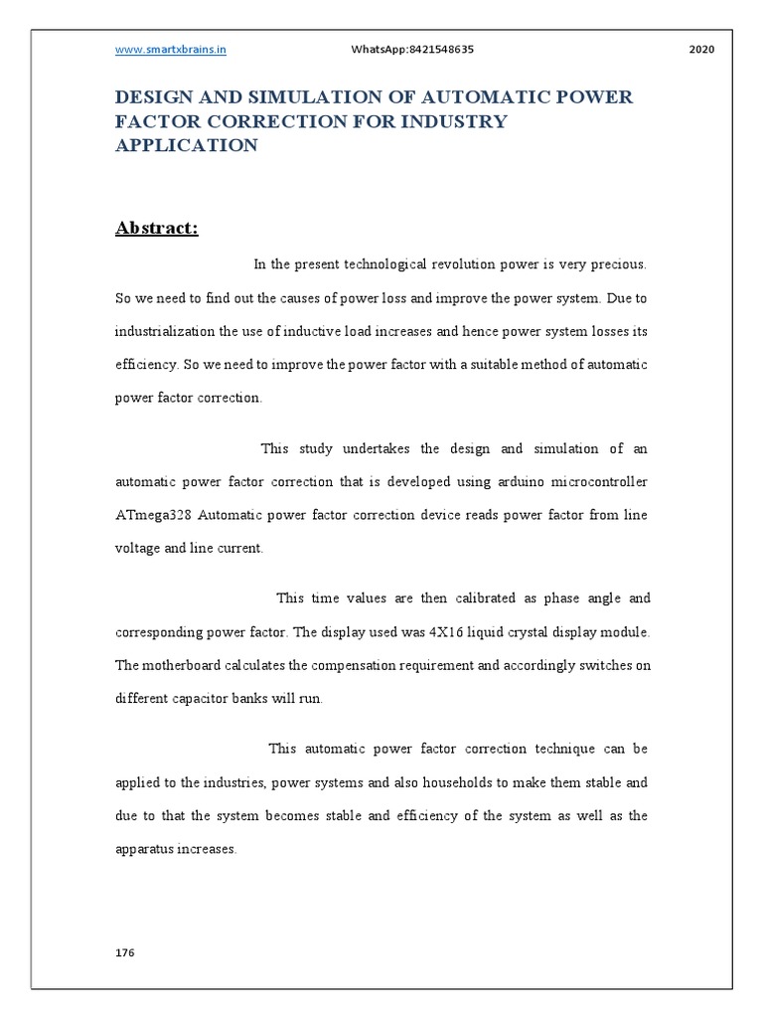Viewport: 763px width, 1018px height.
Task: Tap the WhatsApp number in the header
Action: (412, 49)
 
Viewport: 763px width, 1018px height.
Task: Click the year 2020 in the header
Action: (701, 49)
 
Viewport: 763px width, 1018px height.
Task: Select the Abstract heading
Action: (157, 229)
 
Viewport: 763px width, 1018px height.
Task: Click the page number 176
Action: (124, 952)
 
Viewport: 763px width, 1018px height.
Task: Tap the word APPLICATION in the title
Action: (187, 145)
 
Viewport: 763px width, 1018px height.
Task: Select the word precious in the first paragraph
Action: (619, 264)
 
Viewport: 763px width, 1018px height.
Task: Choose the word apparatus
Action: (148, 850)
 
